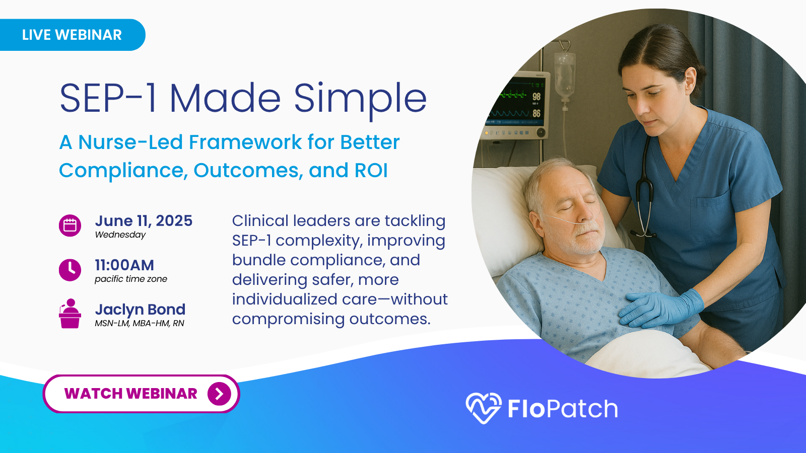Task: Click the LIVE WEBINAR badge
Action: click(72, 35)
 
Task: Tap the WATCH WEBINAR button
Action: click(142, 394)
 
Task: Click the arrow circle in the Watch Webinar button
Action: click(219, 394)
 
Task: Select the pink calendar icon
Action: click(70, 225)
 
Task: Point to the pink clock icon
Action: click(70, 270)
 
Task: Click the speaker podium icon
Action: click(70, 314)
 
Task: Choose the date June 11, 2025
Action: click(144, 221)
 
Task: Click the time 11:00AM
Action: click(124, 265)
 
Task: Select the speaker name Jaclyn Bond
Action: click(141, 310)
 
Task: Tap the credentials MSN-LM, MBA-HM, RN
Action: click(140, 323)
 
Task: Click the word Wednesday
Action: click(120, 235)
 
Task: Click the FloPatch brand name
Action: click(563, 408)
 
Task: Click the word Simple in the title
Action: click(360, 98)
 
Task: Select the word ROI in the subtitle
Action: click(371, 171)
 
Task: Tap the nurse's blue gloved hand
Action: click(660, 309)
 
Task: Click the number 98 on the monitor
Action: click(536, 96)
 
